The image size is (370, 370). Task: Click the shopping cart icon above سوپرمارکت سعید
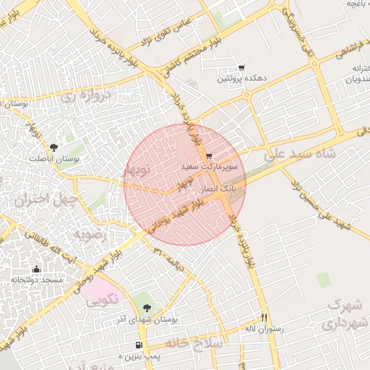pos(208,156)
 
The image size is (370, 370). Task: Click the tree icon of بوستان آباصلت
pos(54,148)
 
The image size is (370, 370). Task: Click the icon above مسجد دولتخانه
pos(37,270)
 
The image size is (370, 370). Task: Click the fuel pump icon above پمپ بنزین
pos(138,345)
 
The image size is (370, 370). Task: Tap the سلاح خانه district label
pos(190,341)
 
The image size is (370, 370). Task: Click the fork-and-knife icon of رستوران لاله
pos(264,317)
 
